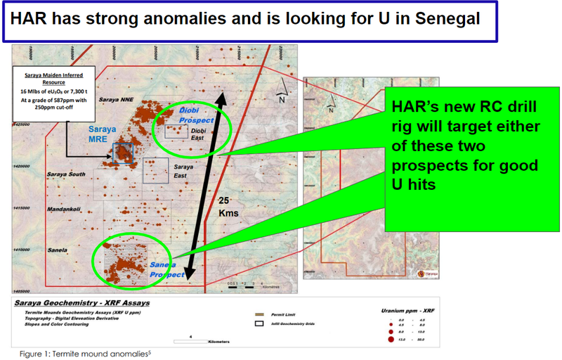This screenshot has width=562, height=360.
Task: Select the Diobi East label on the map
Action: point(198,134)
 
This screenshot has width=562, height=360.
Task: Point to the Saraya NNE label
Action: point(115,101)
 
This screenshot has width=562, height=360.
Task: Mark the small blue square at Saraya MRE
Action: point(123,153)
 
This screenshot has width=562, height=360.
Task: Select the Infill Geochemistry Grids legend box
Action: point(259,323)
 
